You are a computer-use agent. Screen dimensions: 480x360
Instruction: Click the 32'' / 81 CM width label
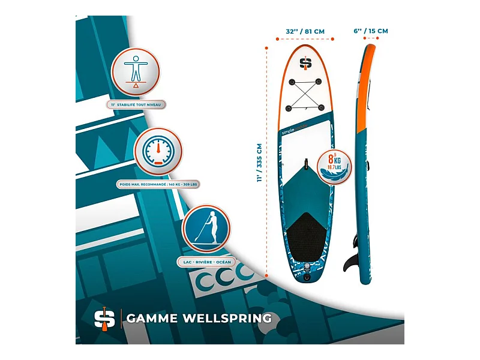coord(305,31)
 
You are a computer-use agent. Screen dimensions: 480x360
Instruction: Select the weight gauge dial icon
coord(158,152)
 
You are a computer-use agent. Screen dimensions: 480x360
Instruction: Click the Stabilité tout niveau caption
coord(137,104)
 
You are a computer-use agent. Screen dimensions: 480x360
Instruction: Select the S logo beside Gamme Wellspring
coord(104,318)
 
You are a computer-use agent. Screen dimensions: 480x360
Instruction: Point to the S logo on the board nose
coord(306,62)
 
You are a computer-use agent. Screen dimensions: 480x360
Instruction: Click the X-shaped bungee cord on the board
coord(306,94)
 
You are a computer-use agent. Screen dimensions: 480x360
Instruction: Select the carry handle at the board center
coord(306,164)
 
